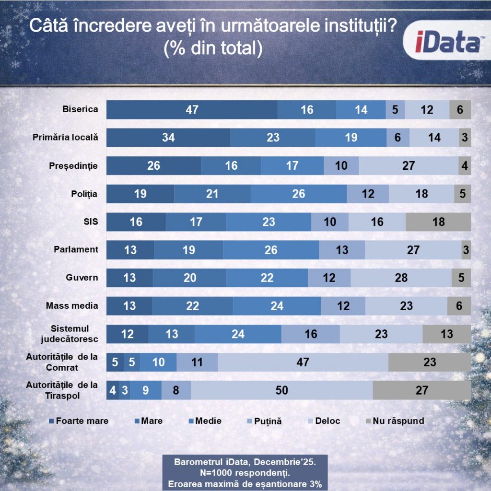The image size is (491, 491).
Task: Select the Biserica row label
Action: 80,109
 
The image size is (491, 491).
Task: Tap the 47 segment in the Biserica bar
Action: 192,110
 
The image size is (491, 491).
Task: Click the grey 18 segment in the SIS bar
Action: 438,222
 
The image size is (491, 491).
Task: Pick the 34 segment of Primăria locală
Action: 168,138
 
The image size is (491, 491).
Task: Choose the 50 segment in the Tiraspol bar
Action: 282,390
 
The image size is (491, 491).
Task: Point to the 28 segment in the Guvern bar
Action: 401,278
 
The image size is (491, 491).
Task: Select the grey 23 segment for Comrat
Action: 430,362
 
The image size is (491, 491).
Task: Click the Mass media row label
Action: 72,305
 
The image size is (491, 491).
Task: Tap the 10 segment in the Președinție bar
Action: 341,166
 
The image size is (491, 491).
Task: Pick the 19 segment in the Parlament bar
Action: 188,250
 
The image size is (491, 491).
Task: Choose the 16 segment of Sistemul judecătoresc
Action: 311,334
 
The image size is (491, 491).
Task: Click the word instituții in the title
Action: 353,26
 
